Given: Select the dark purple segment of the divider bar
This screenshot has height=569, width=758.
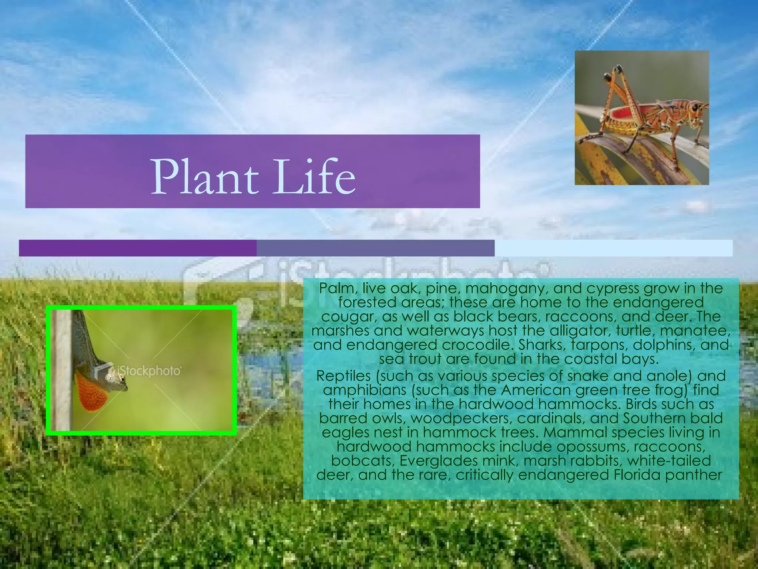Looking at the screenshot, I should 138,248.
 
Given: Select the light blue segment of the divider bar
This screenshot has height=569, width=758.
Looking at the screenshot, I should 613,248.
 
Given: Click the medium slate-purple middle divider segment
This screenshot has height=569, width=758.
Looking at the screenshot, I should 375,248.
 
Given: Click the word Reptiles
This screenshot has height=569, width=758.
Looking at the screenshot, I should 343,376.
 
